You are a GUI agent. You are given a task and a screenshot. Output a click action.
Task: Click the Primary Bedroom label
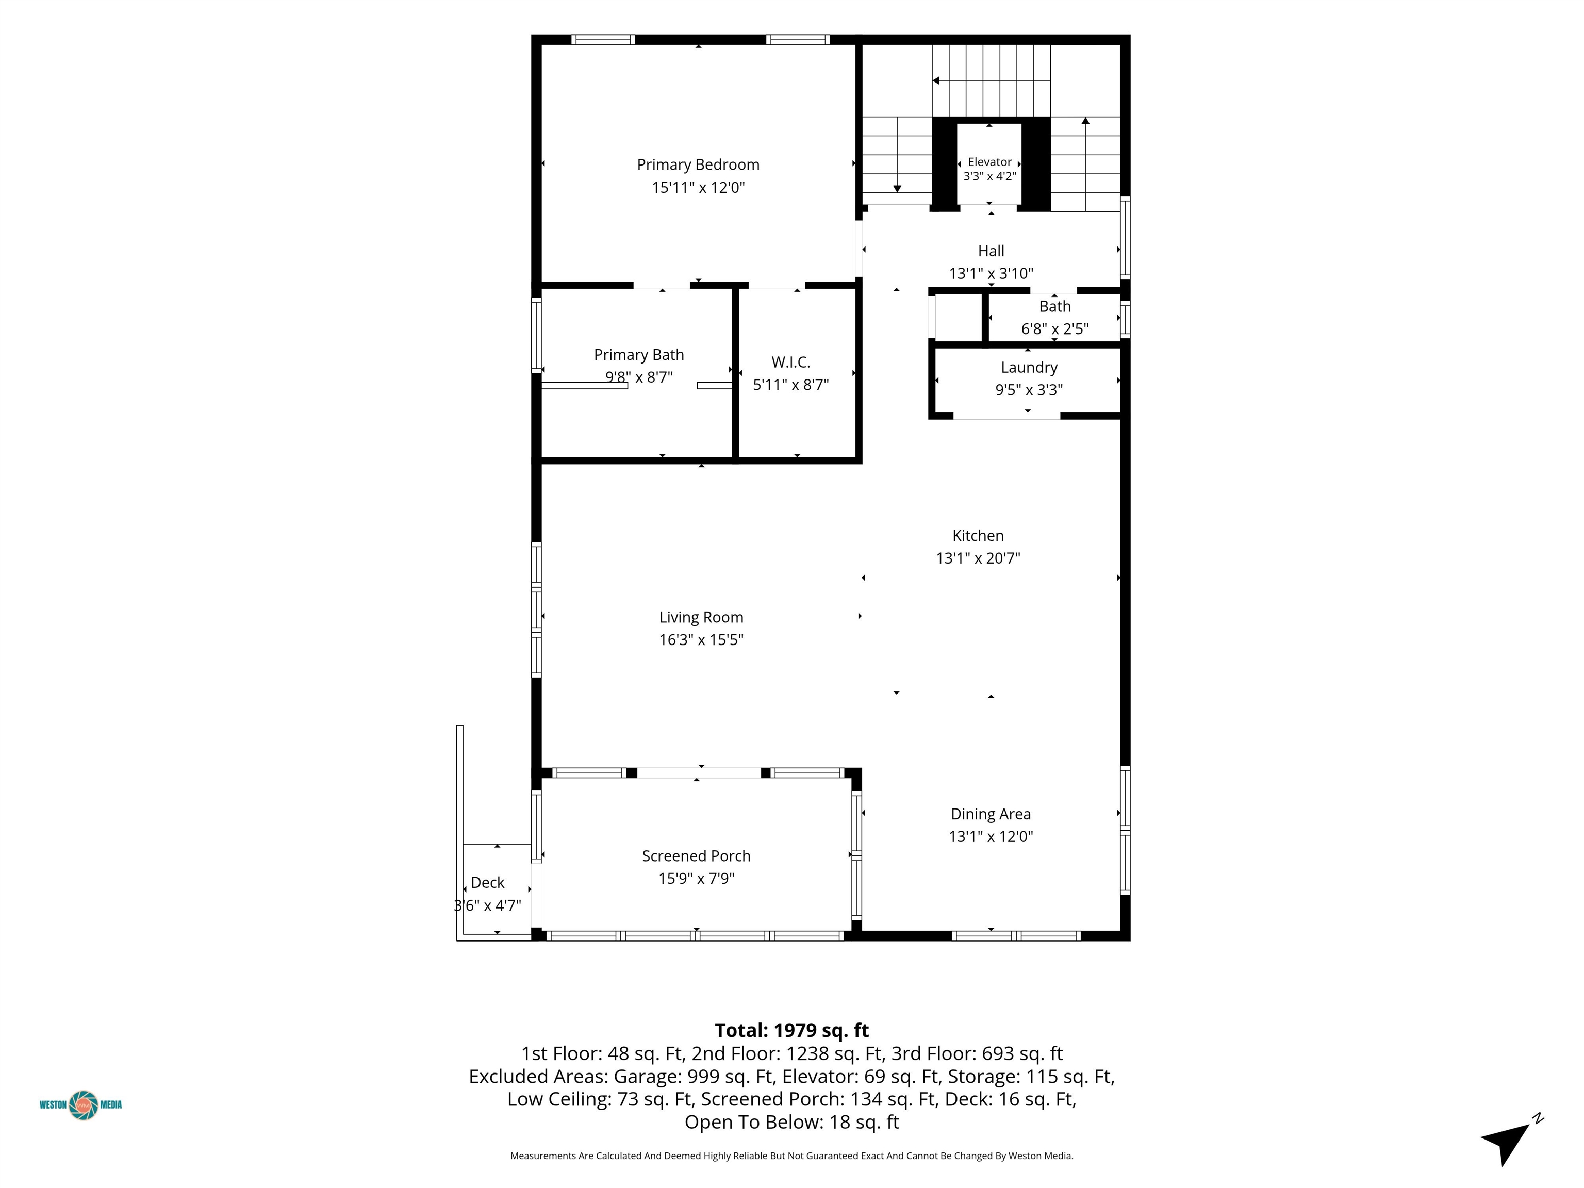point(698,164)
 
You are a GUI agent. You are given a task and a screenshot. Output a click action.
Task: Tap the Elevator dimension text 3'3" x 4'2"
point(989,176)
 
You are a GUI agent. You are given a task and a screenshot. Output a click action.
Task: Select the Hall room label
point(991,251)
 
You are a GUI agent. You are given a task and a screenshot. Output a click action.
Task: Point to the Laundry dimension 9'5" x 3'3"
point(1029,390)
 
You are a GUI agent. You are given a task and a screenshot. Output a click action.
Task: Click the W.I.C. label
point(790,362)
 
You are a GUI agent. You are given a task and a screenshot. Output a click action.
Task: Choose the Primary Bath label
point(639,354)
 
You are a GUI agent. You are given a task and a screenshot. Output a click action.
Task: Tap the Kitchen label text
point(978,536)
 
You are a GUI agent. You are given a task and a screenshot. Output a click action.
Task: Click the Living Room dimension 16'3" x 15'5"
point(701,639)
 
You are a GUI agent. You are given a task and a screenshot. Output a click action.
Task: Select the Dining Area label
point(991,814)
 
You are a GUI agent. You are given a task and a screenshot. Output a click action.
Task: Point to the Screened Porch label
point(696,856)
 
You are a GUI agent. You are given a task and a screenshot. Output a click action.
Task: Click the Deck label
point(488,883)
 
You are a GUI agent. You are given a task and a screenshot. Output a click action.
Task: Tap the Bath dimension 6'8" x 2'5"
point(1055,328)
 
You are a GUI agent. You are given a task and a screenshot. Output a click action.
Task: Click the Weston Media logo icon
point(84,1105)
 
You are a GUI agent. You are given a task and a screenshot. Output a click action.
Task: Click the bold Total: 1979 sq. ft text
point(791,1030)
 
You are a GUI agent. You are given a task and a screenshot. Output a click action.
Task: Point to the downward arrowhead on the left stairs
point(897,188)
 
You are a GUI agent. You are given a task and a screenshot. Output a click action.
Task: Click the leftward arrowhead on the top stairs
point(935,81)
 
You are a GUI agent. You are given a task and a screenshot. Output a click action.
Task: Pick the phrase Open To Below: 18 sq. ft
point(791,1122)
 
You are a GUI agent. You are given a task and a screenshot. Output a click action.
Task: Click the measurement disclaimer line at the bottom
point(791,1156)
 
